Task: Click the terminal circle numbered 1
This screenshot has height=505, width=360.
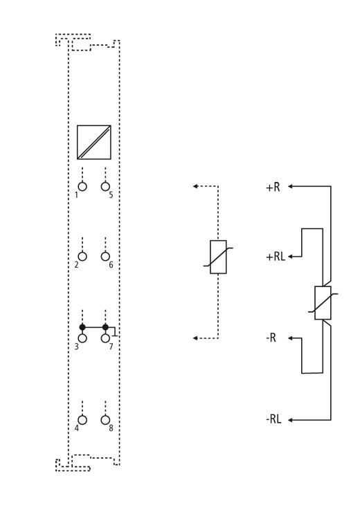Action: pyautogui.click(x=82, y=187)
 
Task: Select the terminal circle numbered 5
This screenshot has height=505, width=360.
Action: pyautogui.click(x=105, y=187)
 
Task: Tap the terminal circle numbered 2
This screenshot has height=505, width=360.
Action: pyautogui.click(x=82, y=257)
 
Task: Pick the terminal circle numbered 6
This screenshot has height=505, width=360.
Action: pyautogui.click(x=105, y=257)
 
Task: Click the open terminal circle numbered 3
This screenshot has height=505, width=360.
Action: pyautogui.click(x=82, y=338)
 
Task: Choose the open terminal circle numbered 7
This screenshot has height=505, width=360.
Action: pyautogui.click(x=105, y=338)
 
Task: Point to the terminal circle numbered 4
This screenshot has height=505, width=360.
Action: pyautogui.click(x=82, y=420)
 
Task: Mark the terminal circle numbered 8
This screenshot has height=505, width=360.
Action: pyautogui.click(x=105, y=420)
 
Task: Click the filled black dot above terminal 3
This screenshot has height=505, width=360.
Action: pyautogui.click(x=82, y=327)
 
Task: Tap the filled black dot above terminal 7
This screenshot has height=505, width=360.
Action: pyautogui.click(x=105, y=327)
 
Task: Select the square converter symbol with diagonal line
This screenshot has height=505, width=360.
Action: pyautogui.click(x=93, y=143)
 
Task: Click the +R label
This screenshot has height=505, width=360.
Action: pyautogui.click(x=273, y=187)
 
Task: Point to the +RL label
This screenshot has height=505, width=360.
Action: pyautogui.click(x=276, y=257)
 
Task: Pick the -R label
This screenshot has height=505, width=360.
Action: pyautogui.click(x=271, y=338)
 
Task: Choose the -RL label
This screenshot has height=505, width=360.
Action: pyautogui.click(x=273, y=419)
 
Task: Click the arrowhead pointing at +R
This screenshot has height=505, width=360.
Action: pyautogui.click(x=290, y=186)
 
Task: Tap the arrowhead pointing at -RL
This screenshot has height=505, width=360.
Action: pyautogui.click(x=290, y=420)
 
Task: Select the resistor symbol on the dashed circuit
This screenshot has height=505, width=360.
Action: pyautogui.click(x=218, y=257)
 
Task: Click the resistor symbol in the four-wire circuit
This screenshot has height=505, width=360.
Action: pyautogui.click(x=323, y=303)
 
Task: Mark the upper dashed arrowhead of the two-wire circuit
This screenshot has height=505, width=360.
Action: pyautogui.click(x=195, y=186)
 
